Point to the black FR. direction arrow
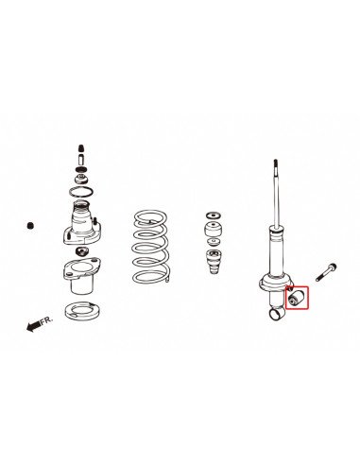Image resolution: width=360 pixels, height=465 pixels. tap(36, 326)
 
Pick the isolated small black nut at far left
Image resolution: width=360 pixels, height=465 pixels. tap(30, 226)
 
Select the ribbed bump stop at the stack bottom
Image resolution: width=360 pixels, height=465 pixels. tap(214, 267)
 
